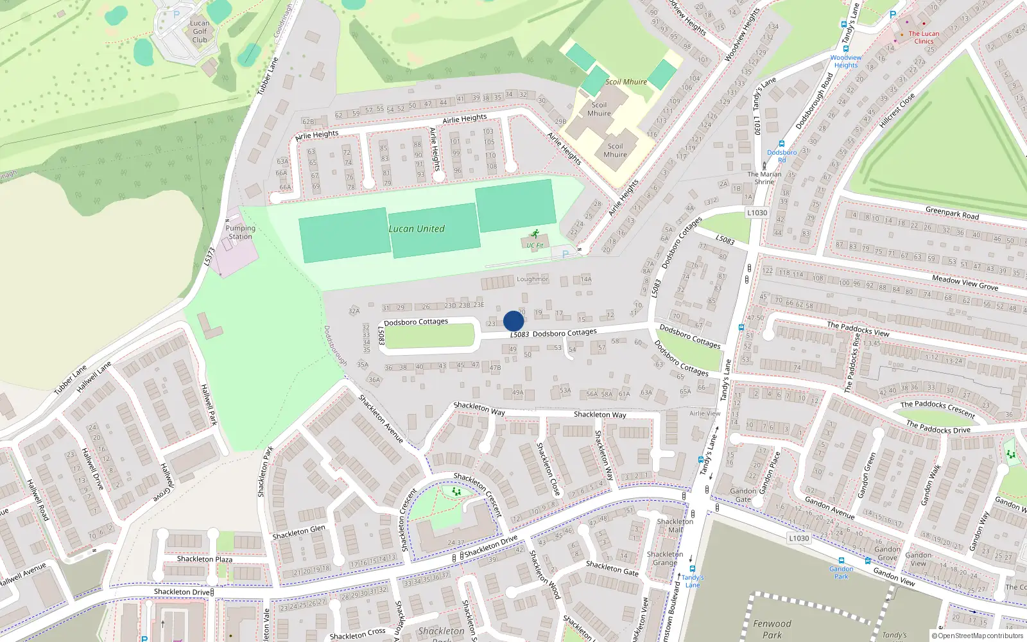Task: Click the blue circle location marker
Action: point(513,321)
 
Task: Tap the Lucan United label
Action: point(416,229)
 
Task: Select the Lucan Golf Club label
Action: point(200,31)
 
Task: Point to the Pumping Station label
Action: point(240,232)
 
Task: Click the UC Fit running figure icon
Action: point(534,235)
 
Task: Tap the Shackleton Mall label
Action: point(675,526)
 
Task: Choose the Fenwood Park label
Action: point(772,629)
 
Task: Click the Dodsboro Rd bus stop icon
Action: point(781,144)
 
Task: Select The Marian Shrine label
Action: point(764,178)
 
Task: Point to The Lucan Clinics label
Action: point(924,37)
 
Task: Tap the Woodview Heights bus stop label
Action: point(845,61)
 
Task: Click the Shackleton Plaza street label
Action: point(205,559)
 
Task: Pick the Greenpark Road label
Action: point(952,213)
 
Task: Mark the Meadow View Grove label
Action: point(965,282)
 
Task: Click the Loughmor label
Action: point(532,279)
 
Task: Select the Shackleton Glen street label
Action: point(298,532)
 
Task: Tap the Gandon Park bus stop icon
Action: point(841,560)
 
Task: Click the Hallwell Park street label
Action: point(209,404)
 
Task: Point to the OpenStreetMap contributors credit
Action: point(977,636)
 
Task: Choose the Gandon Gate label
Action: point(743,495)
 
